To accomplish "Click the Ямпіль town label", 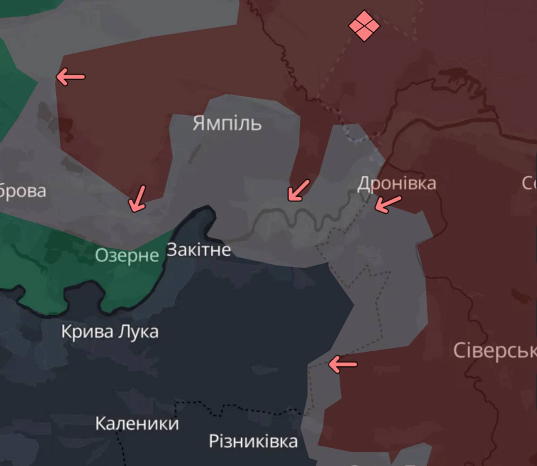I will tap(227, 124).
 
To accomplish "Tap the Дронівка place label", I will tap(396, 183).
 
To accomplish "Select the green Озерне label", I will tap(127, 255).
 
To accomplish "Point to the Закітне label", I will tap(199, 250).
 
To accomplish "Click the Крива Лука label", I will tap(110, 332).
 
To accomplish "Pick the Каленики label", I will tap(137, 423).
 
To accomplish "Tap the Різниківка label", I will tap(253, 441).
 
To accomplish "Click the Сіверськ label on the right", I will tap(494, 351).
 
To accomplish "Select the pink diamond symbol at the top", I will tap(364, 25).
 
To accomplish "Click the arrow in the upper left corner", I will tap(70, 76).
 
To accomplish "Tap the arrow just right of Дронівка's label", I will tap(388, 204).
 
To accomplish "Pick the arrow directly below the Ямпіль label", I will tap(298, 190).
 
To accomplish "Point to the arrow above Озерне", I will tap(138, 198).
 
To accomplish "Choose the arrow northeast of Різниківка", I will tap(343, 364).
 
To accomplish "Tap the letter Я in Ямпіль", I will tap(199, 124).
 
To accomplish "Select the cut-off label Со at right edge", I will tap(529, 183).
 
